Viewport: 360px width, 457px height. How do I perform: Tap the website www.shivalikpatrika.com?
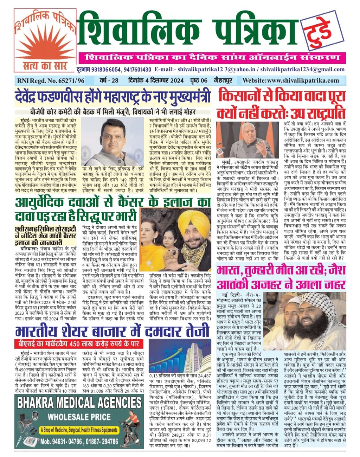[x=291, y=80]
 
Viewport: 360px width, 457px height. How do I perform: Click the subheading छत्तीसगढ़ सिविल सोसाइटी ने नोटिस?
[x=45, y=234]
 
